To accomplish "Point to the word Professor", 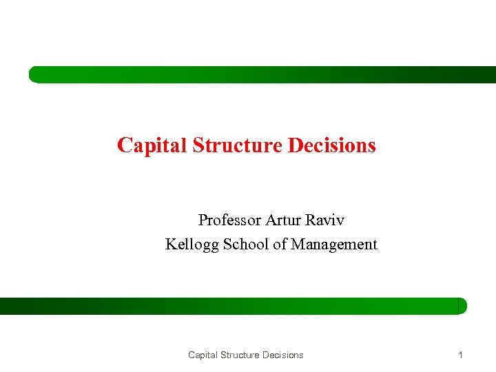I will pos(229,220).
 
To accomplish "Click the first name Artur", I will pos(282,220).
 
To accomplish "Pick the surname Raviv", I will pos(323,220).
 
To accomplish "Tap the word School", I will pos(246,244).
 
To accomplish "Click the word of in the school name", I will pos(280,244).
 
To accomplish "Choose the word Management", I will pos(334,245).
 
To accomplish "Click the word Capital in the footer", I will pos(204,355).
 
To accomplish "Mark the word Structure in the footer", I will pos(242,355).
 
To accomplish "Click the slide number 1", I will pos(460,355).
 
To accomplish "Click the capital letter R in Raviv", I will pos(307,220).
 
